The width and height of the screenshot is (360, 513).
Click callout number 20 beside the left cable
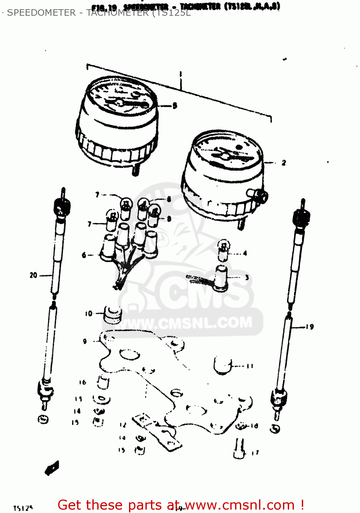pyautogui.click(x=33, y=275)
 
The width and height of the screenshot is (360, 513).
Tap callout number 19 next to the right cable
pyautogui.click(x=310, y=327)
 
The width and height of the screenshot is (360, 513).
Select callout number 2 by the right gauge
pyautogui.click(x=284, y=163)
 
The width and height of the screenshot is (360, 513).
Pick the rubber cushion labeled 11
pyautogui.click(x=222, y=366)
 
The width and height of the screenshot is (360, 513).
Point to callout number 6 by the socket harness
pyautogui.click(x=84, y=255)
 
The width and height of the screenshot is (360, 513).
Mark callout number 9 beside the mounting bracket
pyautogui.click(x=85, y=341)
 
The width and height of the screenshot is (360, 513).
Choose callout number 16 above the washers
pyautogui.click(x=82, y=382)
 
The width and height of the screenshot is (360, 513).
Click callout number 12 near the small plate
pyautogui.click(x=123, y=425)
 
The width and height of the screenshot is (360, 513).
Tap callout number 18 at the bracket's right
pyautogui.click(x=254, y=426)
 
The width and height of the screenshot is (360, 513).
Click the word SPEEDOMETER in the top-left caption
pyautogui.click(x=41, y=13)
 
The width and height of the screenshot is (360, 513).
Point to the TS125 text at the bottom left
pyautogui.click(x=23, y=508)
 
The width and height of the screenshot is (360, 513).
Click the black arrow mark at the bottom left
pyautogui.click(x=52, y=468)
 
